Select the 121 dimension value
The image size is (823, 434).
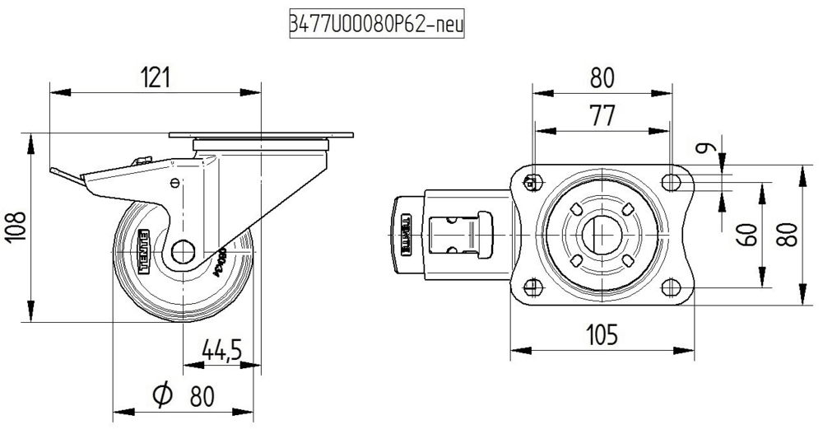[155, 77]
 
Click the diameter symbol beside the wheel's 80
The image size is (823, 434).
[161, 396]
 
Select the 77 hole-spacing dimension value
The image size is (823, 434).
[602, 116]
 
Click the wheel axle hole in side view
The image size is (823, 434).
[184, 252]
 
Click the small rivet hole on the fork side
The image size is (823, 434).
[174, 184]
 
